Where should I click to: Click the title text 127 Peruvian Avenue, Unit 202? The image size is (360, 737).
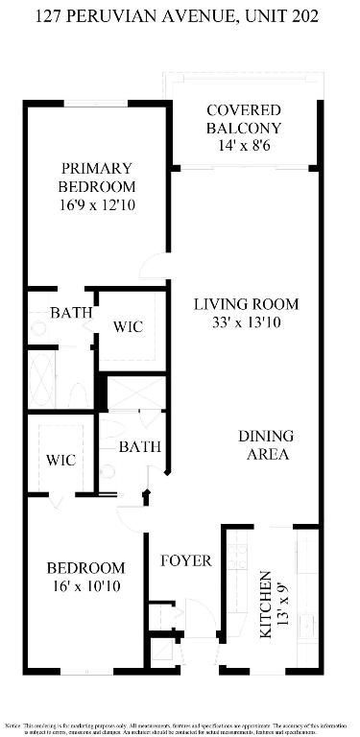[x=180, y=16]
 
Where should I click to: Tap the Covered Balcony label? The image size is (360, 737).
[x=243, y=119]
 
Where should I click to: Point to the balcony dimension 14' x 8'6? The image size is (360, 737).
[x=243, y=146]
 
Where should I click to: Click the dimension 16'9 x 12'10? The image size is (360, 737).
[x=96, y=204]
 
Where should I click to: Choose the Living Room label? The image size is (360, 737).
[x=246, y=304]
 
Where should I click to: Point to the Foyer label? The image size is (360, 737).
[x=185, y=560]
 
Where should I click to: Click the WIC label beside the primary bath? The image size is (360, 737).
[x=128, y=327]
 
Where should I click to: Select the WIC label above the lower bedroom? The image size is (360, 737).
[x=61, y=460]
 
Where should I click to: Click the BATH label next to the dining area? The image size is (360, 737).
[x=140, y=446]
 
